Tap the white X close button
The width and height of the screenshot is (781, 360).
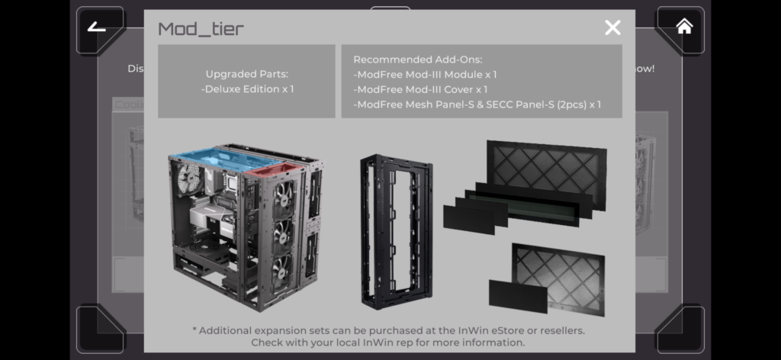(x=612, y=28)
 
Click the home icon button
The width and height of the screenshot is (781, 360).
(x=684, y=27)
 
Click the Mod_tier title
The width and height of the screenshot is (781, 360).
(x=201, y=29)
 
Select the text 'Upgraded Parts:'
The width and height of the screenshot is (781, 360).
(x=246, y=74)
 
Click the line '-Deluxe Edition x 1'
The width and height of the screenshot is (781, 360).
(x=247, y=88)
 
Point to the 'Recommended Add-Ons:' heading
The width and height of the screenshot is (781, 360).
(x=417, y=59)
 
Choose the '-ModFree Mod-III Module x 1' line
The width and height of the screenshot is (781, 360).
(x=425, y=75)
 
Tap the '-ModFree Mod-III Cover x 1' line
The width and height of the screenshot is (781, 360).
(x=420, y=89)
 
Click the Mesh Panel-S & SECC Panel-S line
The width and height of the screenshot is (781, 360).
(x=477, y=104)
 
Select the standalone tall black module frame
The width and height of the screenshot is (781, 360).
(x=395, y=229)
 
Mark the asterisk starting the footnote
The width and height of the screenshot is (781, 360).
(x=194, y=330)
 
